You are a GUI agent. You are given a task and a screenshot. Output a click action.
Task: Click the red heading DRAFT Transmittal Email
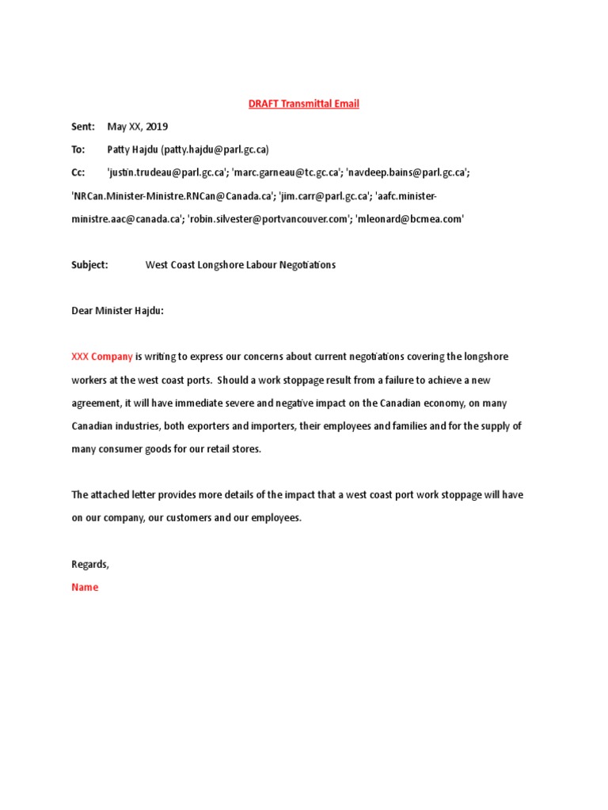tap(304, 104)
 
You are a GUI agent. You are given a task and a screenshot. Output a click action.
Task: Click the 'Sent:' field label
tap(83, 127)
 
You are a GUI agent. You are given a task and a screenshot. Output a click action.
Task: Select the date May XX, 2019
tap(138, 127)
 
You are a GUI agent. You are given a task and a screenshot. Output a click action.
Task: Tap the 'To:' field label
tap(78, 150)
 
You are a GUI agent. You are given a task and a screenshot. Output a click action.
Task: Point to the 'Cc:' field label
tap(78, 172)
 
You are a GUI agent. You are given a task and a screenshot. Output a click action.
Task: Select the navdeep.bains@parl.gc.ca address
tap(407, 172)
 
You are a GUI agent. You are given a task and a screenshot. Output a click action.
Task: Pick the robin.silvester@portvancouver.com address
tap(268, 219)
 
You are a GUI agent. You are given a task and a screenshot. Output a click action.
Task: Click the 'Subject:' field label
tap(89, 265)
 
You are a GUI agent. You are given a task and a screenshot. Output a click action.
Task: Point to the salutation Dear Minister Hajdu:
tap(118, 311)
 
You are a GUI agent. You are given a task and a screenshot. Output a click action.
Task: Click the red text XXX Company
tap(102, 357)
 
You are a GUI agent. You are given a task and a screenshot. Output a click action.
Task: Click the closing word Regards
tap(90, 564)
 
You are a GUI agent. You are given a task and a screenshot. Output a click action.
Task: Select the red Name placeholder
tap(85, 587)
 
